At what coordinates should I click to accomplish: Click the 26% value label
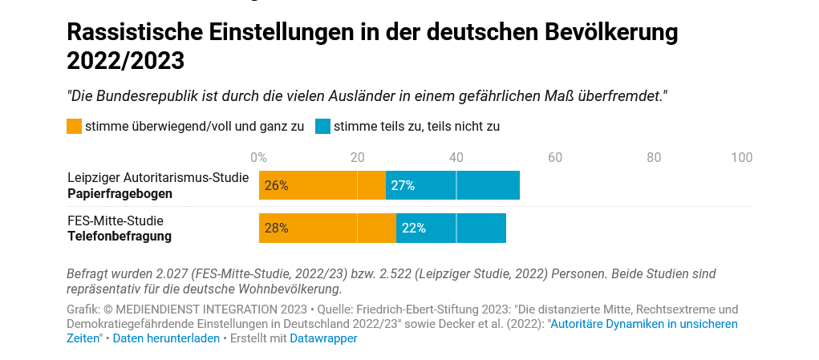pyautogui.click(x=276, y=185)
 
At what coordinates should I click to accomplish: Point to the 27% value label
pyautogui.click(x=403, y=185)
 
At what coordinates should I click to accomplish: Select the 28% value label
pyautogui.click(x=276, y=228)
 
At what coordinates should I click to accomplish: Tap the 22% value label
pyautogui.click(x=413, y=228)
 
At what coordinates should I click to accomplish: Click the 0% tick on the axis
pyautogui.click(x=258, y=158)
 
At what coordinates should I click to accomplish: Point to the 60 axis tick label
pyautogui.click(x=554, y=158)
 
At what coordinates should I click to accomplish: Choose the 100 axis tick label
pyautogui.click(x=741, y=158)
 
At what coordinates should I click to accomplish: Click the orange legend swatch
pyautogui.click(x=74, y=126)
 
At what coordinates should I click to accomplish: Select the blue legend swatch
pyautogui.click(x=322, y=126)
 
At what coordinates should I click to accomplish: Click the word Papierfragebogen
pyautogui.click(x=120, y=193)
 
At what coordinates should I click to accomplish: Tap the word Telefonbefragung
pyautogui.click(x=120, y=236)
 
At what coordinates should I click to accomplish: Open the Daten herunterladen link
pyautogui.click(x=166, y=338)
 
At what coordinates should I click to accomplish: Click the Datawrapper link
pyautogui.click(x=323, y=338)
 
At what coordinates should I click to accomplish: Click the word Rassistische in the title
pyautogui.click(x=134, y=32)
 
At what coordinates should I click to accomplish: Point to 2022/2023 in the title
pyautogui.click(x=125, y=60)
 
